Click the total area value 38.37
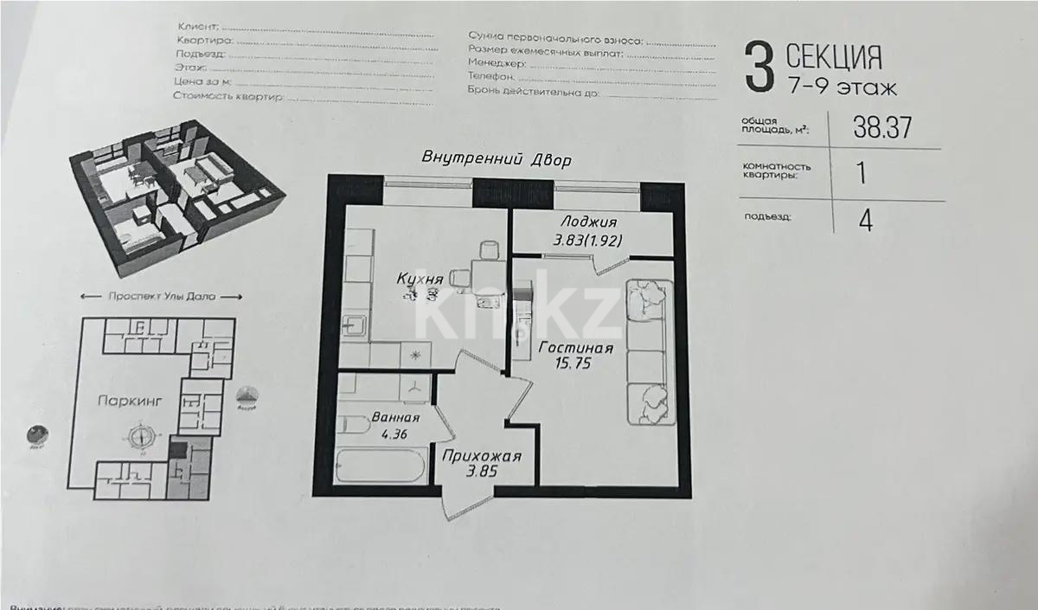tap(883, 127)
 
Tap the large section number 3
tap(758, 69)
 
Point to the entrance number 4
tap(865, 220)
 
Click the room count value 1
tap(861, 173)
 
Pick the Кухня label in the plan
tap(420, 279)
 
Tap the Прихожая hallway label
tap(481, 456)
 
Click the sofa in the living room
tap(649, 350)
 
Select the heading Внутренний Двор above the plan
tap(497, 159)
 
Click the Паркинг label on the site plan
tap(126, 401)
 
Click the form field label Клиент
tap(196, 28)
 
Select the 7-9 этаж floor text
tap(841, 87)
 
